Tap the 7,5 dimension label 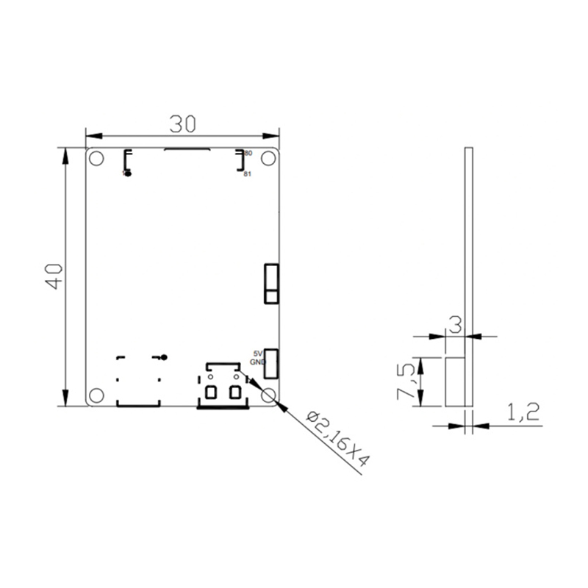406,381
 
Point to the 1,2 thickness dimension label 524,412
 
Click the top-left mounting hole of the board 96,158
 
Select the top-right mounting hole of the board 269,158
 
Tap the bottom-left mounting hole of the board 96,395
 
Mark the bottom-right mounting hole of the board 269,395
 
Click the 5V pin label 257,353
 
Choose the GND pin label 257,362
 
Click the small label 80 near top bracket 248,153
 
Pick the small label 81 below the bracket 248,174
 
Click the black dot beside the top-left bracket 127,174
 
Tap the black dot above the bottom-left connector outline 164,357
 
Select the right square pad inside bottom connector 235,392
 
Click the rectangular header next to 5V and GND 271,362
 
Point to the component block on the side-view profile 455,381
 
